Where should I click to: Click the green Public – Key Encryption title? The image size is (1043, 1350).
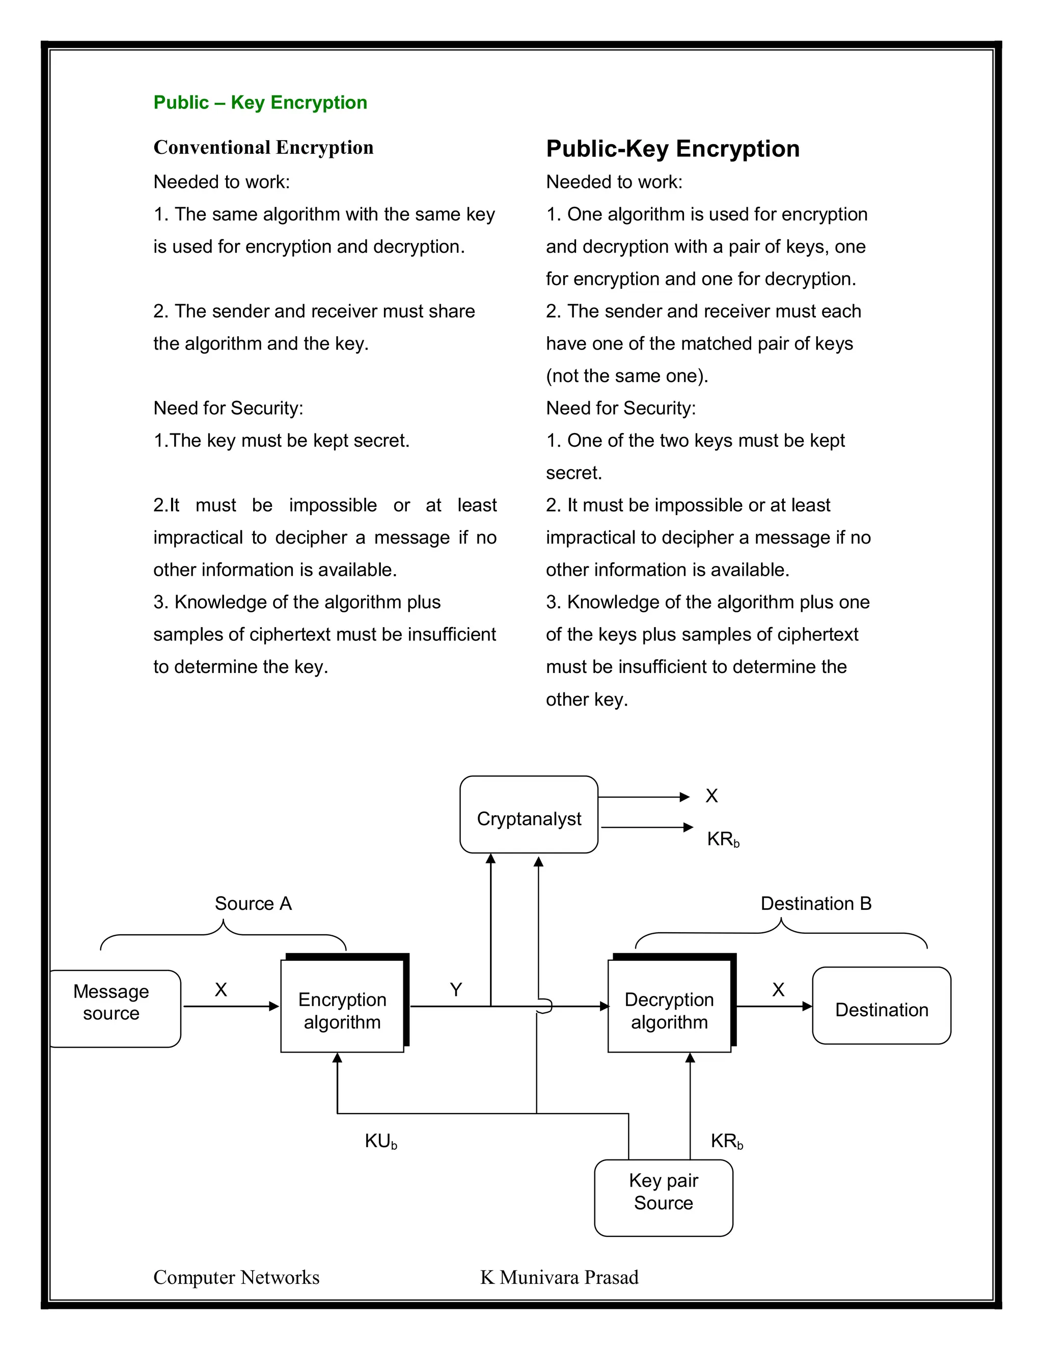click(x=260, y=102)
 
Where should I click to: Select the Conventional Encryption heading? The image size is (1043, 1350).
click(x=263, y=148)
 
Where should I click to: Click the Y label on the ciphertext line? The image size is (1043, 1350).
click(x=456, y=990)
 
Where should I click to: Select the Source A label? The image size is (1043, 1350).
click(x=253, y=904)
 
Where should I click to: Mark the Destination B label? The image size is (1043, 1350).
click(x=816, y=904)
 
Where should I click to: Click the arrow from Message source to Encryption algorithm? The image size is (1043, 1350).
click(x=231, y=1006)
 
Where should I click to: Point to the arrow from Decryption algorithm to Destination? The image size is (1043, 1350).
click(x=774, y=1006)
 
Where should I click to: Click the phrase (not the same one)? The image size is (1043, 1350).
click(x=626, y=376)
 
